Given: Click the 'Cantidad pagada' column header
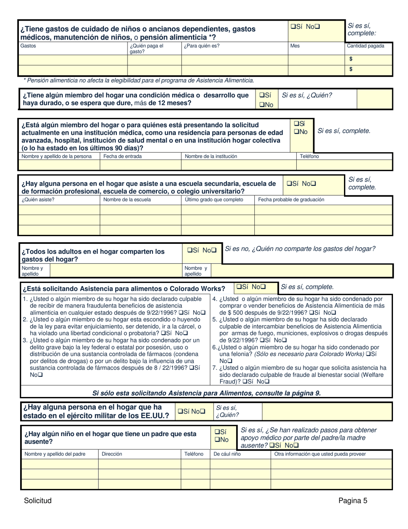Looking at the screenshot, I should click(365, 46).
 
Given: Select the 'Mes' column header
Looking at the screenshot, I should click(295, 46).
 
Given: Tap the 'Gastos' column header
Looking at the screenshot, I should click(28, 46).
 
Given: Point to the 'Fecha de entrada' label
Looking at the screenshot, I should click(122, 157).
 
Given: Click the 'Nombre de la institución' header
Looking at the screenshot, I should click(211, 157).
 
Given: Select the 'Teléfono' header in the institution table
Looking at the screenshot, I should click(309, 157).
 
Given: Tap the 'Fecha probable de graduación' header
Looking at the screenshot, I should click(291, 200).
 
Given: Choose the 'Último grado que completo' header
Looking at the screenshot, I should click(214, 200).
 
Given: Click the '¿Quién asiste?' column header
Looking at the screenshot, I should click(38, 200).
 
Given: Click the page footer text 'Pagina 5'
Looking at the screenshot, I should click(353, 500).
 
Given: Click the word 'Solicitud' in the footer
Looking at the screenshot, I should click(38, 500).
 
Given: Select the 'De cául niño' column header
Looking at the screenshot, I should click(227, 454).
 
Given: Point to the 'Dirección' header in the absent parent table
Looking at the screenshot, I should click(112, 454).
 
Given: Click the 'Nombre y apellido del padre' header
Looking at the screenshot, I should click(55, 454).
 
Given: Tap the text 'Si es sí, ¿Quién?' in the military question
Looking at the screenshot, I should click(227, 411).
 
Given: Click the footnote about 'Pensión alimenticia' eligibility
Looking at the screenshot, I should click(139, 80).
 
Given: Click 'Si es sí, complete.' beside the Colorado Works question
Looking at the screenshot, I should click(307, 287).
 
